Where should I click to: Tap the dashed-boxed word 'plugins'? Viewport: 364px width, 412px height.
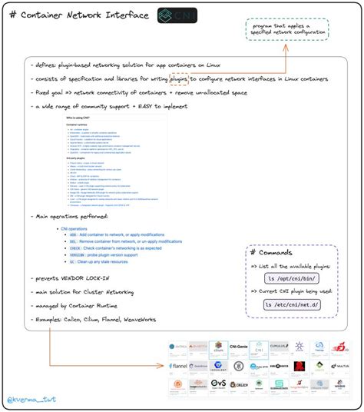click(x=179, y=78)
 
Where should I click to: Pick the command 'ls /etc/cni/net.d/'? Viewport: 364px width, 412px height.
click(x=293, y=304)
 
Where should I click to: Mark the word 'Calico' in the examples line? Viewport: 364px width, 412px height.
click(x=77, y=317)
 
